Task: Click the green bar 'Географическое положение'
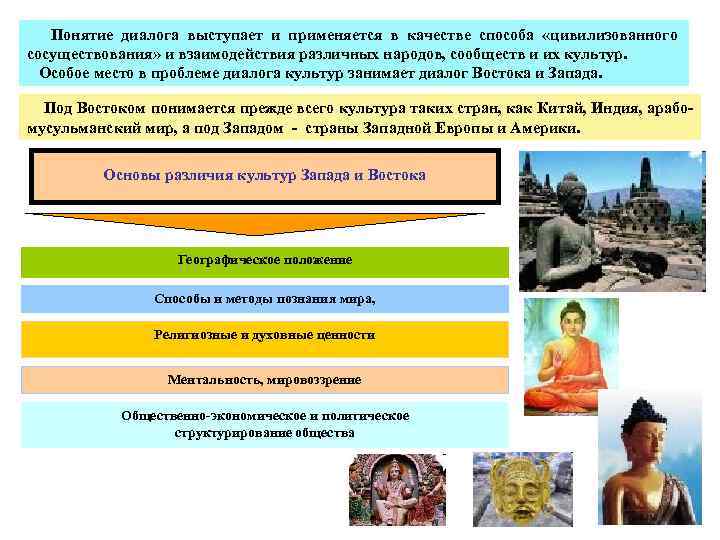tap(265, 260)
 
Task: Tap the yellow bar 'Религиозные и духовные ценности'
tap(265, 336)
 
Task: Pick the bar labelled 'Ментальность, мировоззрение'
tap(265, 380)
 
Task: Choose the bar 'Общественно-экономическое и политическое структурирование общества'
tap(265, 424)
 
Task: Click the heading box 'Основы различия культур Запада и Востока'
tap(265, 176)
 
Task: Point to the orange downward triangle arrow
tap(265, 228)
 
